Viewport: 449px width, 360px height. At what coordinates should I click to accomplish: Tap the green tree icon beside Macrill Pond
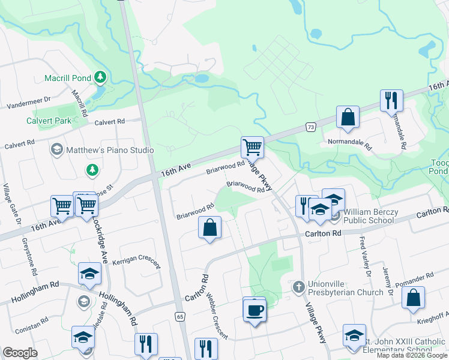[101, 78]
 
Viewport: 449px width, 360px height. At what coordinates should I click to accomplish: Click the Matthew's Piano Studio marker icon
[57, 149]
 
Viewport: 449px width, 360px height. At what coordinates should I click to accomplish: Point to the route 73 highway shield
[310, 127]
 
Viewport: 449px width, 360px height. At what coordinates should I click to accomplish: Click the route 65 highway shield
[179, 316]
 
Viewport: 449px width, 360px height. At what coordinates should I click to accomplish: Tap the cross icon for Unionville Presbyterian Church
[298, 287]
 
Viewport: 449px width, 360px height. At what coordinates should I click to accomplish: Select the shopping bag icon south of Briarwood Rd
[209, 228]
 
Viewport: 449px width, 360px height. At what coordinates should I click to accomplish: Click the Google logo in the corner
[20, 353]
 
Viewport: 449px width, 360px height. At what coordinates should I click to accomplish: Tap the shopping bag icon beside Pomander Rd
[413, 298]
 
